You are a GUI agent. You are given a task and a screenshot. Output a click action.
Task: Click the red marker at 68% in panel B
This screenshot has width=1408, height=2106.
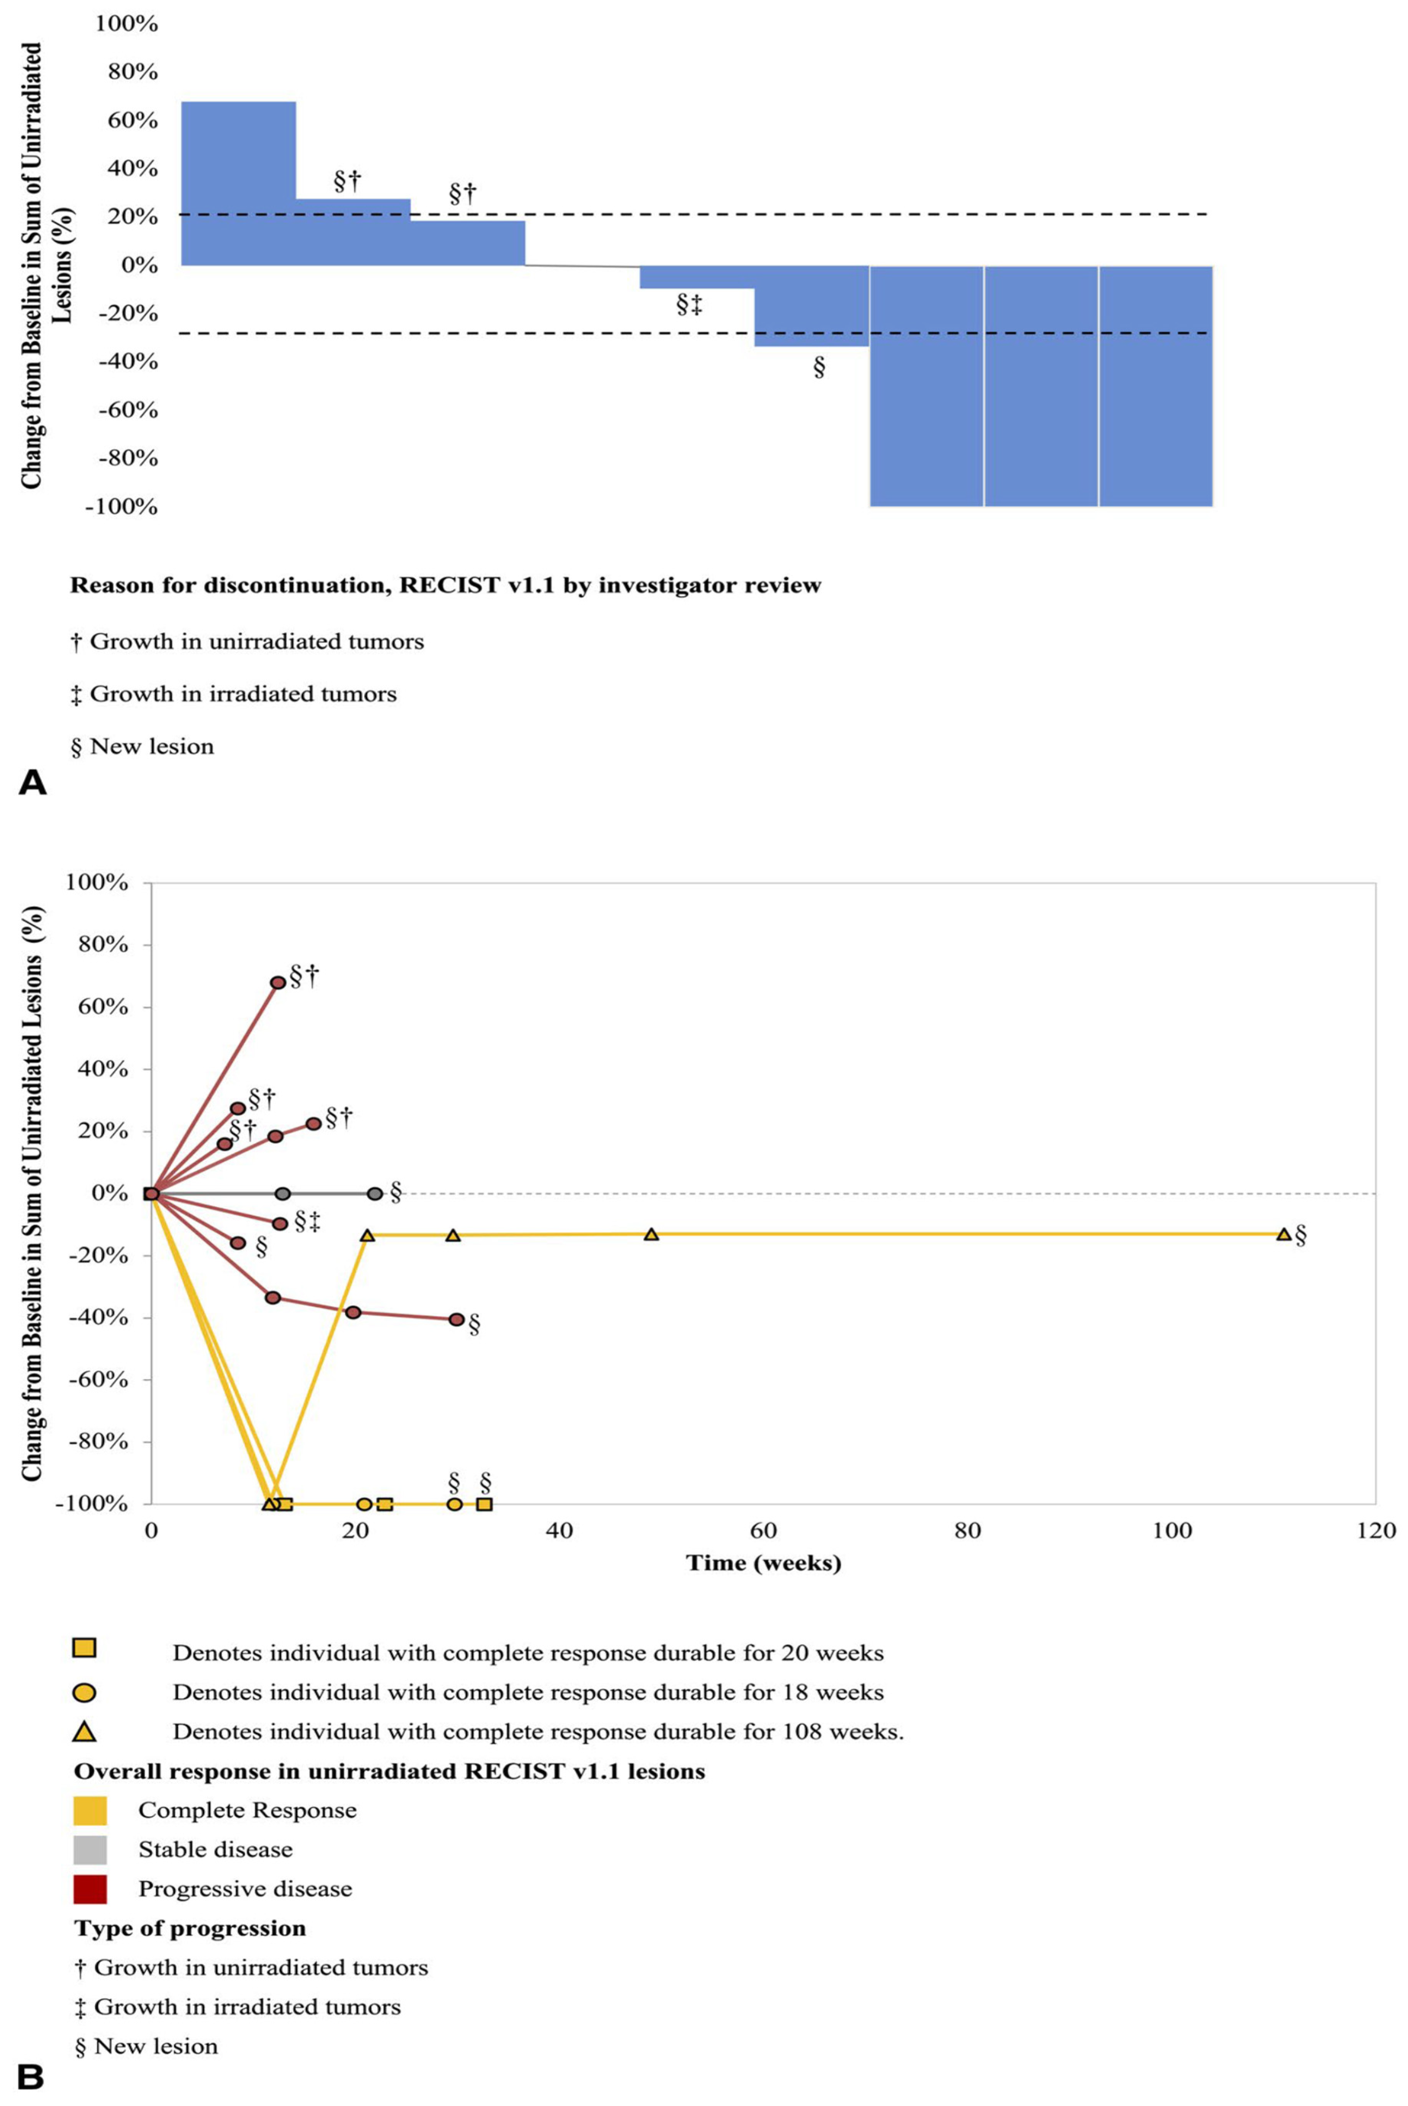point(278,982)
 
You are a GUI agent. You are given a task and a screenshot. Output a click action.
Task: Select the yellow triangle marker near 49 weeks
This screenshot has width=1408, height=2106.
point(651,1234)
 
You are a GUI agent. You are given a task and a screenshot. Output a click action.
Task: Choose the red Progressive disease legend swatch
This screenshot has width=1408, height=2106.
point(90,1889)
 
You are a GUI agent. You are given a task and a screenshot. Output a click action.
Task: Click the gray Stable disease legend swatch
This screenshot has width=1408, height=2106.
point(90,1849)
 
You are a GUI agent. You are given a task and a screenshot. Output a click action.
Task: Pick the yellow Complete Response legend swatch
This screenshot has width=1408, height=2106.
point(90,1810)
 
